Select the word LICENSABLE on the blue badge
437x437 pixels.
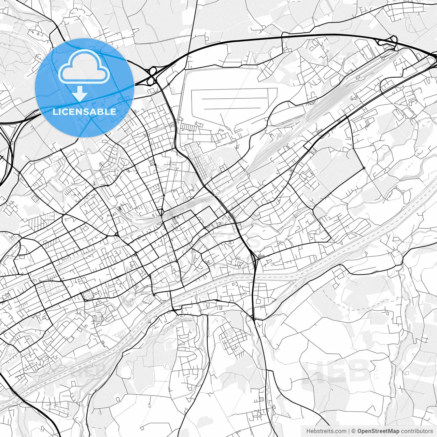(84, 112)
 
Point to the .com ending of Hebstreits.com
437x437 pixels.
(340, 431)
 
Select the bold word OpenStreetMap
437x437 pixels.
(378, 431)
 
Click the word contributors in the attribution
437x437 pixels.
(417, 431)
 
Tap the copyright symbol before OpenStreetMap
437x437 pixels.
(354, 431)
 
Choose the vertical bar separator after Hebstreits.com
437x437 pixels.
(349, 431)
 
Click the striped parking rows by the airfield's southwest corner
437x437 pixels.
(187, 127)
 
